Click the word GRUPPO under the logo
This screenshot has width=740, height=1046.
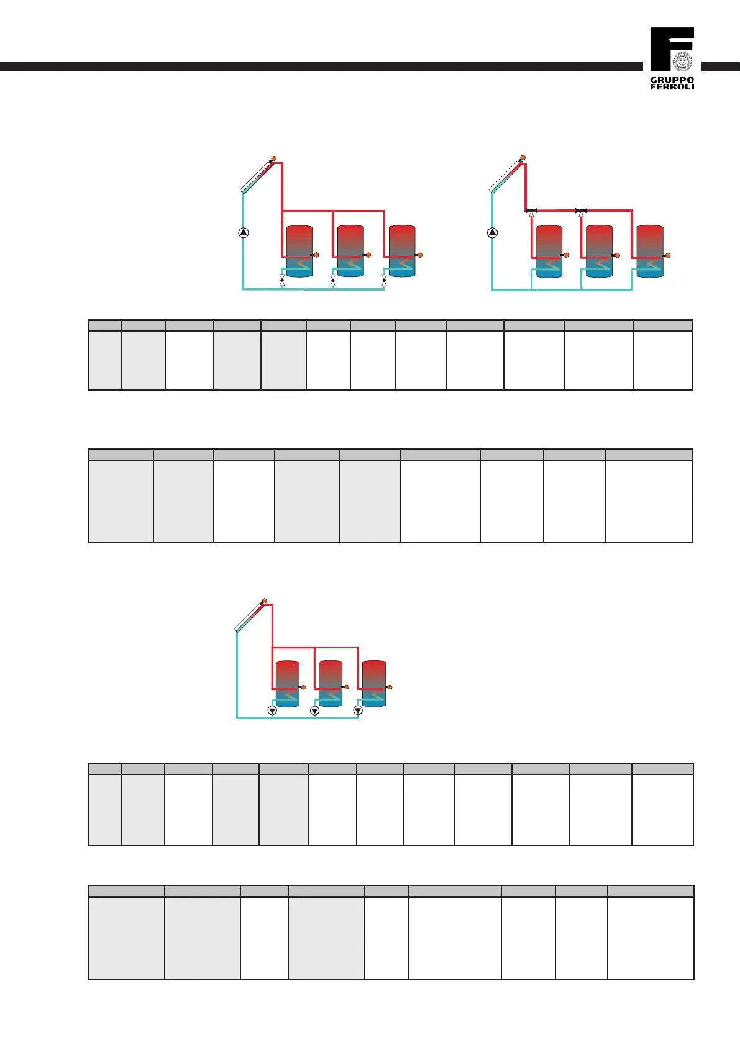pos(672,80)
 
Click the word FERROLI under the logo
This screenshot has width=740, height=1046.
pos(672,87)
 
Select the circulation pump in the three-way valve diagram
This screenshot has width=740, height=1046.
pos(492,233)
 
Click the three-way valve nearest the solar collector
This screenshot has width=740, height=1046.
pos(531,212)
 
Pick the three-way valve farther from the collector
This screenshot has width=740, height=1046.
pos(581,212)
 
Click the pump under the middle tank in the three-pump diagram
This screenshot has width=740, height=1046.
pos(314,711)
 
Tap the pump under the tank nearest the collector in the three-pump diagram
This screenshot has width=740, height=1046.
pos(272,711)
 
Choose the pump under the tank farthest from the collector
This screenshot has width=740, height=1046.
pos(358,711)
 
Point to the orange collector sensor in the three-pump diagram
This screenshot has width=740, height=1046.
pos(264,601)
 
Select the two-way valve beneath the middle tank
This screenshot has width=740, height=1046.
pos(332,280)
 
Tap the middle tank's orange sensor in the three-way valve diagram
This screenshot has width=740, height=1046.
pos(617,255)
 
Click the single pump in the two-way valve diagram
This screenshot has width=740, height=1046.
pos(244,233)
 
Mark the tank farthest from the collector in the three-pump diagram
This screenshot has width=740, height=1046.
pos(374,683)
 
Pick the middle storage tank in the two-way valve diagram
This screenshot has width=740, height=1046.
pos(350,251)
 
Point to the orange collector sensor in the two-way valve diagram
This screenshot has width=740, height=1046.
pos(273,158)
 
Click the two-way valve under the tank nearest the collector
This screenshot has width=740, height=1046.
pos(282,280)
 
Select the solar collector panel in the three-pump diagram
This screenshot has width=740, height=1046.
pos(250,617)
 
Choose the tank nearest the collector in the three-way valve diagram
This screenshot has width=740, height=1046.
pos(549,251)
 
